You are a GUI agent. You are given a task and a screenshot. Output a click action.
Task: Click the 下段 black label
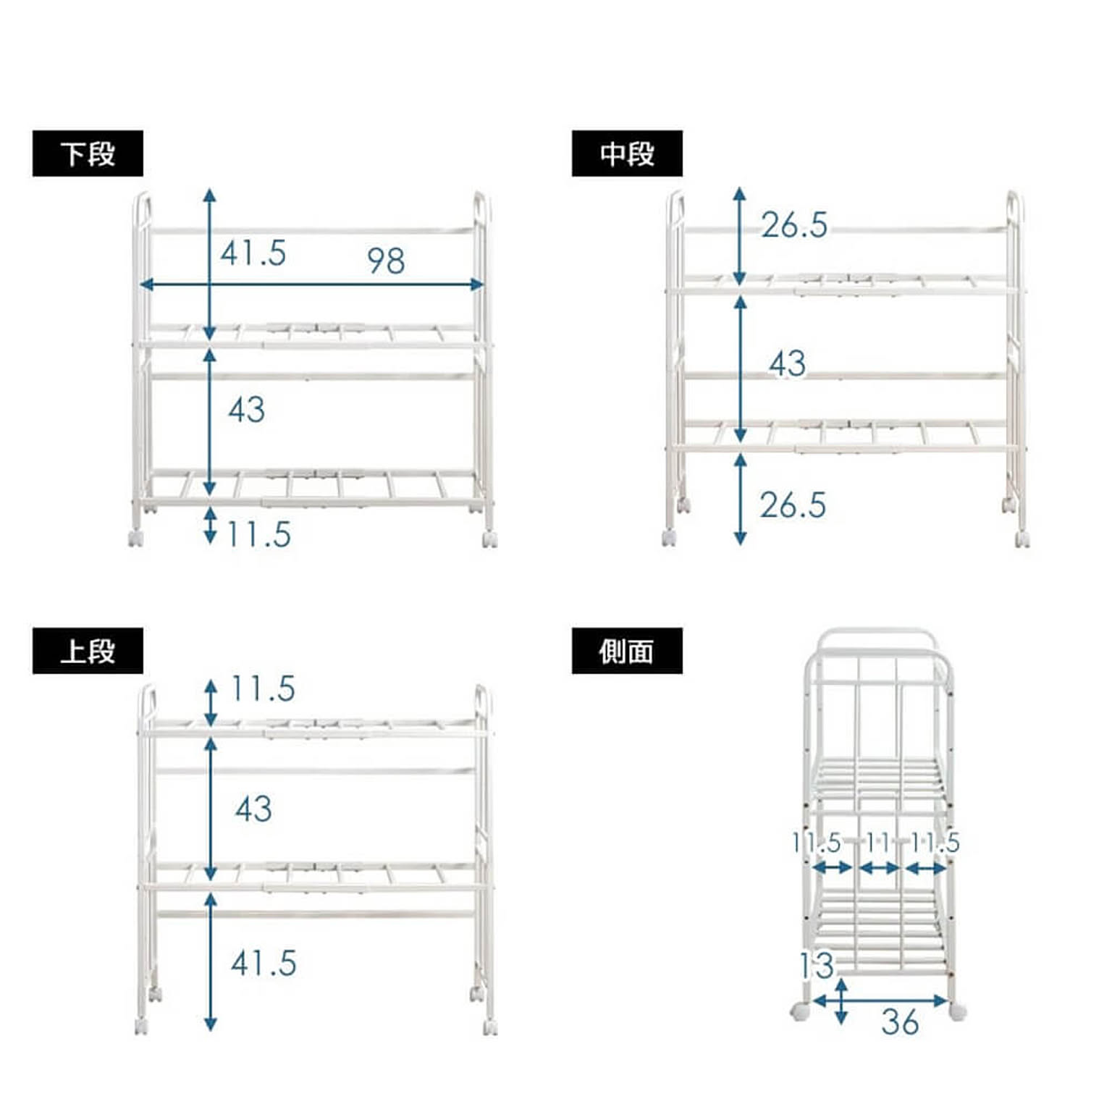click(x=88, y=153)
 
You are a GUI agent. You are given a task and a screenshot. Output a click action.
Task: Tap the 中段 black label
click(x=627, y=153)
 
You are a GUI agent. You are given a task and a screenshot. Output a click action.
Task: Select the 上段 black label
click(x=88, y=651)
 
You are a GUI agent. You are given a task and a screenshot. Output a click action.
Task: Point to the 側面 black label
click(x=627, y=651)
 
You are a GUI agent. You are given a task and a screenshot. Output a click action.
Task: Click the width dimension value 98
click(x=386, y=261)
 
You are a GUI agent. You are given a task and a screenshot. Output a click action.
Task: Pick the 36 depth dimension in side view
click(x=900, y=1022)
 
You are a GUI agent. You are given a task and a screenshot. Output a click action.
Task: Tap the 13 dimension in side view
click(x=817, y=966)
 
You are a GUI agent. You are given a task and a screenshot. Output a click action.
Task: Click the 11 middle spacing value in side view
click(x=877, y=842)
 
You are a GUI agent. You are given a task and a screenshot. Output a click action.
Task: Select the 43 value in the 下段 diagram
click(x=247, y=410)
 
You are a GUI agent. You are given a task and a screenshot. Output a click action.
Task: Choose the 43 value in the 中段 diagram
click(x=788, y=363)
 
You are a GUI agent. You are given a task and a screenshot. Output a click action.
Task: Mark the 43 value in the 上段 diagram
click(x=253, y=809)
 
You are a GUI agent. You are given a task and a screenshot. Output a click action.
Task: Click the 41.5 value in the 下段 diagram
click(x=253, y=253)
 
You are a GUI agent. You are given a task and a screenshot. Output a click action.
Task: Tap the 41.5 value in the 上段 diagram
click(x=264, y=964)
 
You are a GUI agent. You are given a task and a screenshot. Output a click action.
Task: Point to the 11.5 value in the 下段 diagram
click(x=259, y=535)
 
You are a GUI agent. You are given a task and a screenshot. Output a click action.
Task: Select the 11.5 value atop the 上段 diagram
click(x=263, y=688)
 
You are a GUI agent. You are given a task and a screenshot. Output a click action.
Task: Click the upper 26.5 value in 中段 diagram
click(x=794, y=225)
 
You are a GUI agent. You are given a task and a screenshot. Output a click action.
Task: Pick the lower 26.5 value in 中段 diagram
click(x=793, y=505)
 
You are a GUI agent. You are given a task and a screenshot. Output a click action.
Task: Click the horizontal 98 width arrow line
click(x=311, y=285)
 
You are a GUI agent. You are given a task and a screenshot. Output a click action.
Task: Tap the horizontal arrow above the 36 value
click(x=880, y=1002)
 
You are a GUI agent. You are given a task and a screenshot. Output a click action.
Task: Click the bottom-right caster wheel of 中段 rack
click(x=1022, y=539)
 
